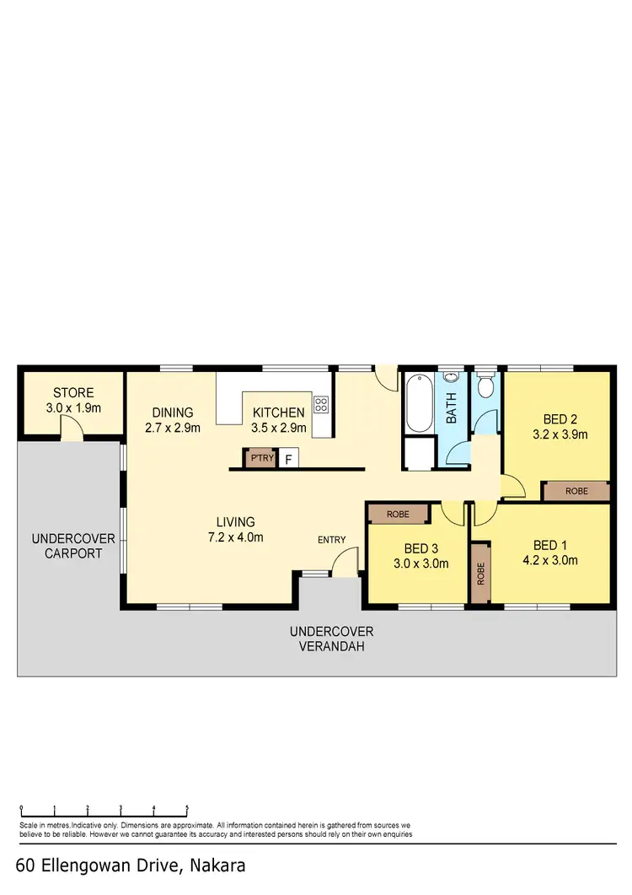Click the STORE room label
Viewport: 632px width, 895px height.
pyautogui.click(x=73, y=393)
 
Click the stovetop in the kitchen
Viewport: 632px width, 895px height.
pyautogui.click(x=320, y=404)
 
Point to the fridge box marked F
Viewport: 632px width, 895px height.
pyautogui.click(x=289, y=460)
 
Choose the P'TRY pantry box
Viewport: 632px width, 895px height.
pyautogui.click(x=258, y=459)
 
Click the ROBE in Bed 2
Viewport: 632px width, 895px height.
pyautogui.click(x=576, y=490)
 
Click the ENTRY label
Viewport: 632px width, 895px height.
pyautogui.click(x=331, y=540)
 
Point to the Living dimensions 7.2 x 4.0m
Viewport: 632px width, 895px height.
pyautogui.click(x=235, y=537)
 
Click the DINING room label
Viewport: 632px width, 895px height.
pyautogui.click(x=173, y=412)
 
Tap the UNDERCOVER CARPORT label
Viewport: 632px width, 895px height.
pyautogui.click(x=67, y=546)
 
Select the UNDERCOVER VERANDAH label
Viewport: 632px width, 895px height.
pyautogui.click(x=331, y=639)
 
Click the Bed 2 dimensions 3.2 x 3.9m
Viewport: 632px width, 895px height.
pyautogui.click(x=560, y=435)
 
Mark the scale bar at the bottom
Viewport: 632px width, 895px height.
pyautogui.click(x=104, y=808)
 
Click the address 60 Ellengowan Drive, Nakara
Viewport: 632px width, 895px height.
pyautogui.click(x=131, y=865)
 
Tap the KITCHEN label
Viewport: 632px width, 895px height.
pyautogui.click(x=278, y=412)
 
